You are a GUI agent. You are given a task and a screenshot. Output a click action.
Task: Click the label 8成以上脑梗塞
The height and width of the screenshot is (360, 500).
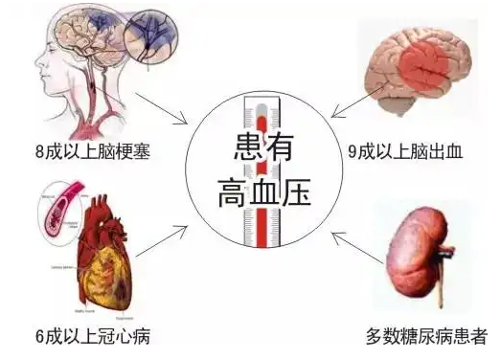coord(82,150)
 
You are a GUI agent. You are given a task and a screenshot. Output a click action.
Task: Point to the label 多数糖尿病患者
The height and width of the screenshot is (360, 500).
coord(426,336)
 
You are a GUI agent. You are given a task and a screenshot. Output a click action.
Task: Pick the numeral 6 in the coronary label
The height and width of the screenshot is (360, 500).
coord(37,336)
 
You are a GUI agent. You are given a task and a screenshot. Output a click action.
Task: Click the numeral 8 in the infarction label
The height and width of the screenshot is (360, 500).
coord(37,150)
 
